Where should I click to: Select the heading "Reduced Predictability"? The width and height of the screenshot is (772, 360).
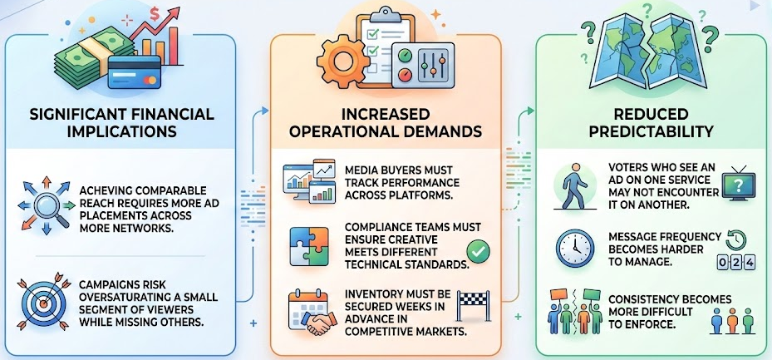[x=650, y=122]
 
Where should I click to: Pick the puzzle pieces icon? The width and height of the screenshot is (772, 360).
[x=307, y=246]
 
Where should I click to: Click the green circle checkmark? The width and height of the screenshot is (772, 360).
[x=477, y=249]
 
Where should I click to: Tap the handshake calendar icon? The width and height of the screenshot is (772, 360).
[x=307, y=314]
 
